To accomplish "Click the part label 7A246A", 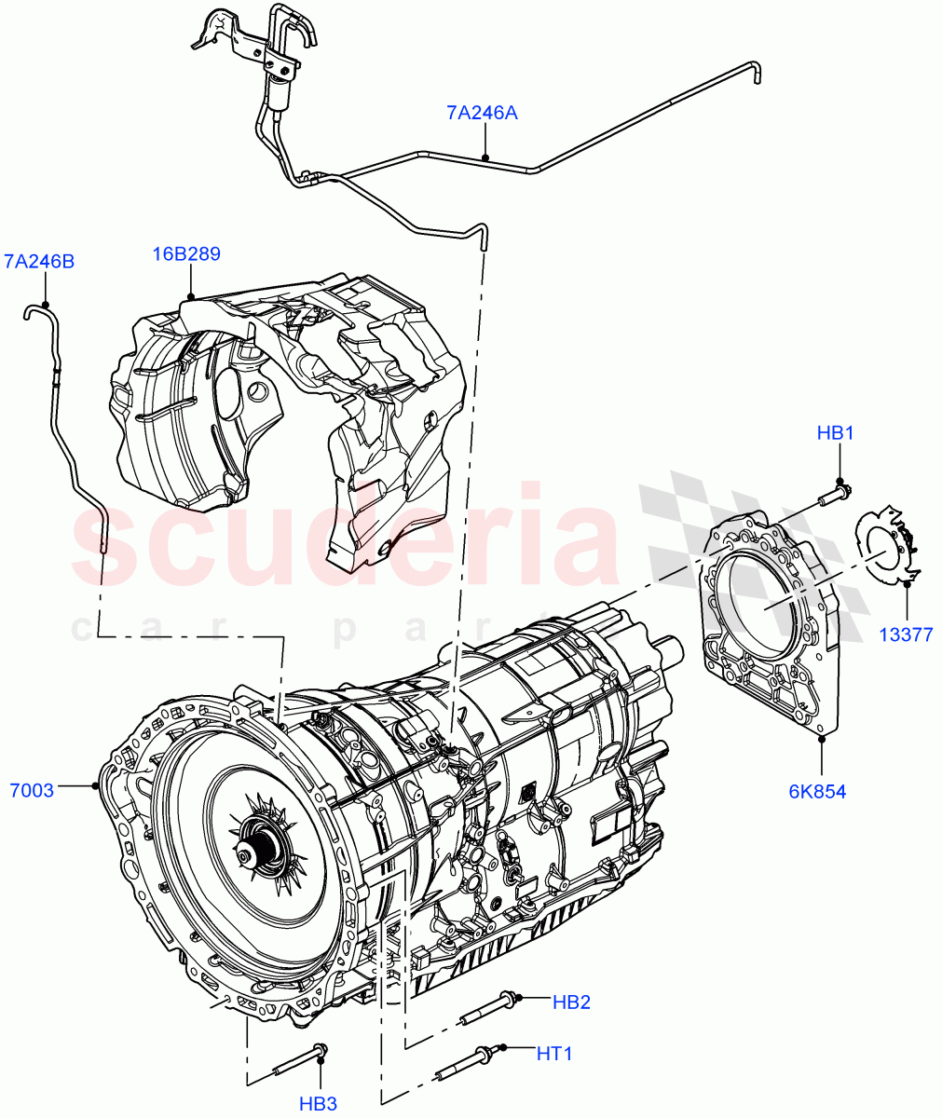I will click(482, 114).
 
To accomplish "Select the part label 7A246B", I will click(39, 262).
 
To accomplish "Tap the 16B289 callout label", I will click(187, 253).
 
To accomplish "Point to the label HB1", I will click(836, 433).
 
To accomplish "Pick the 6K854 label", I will click(817, 792).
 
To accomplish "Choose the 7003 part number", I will click(31, 790).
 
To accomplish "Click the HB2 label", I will click(571, 1002).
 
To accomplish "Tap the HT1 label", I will click(554, 1054).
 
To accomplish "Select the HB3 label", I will click(318, 1104).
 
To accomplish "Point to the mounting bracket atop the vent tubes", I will click(252, 42).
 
